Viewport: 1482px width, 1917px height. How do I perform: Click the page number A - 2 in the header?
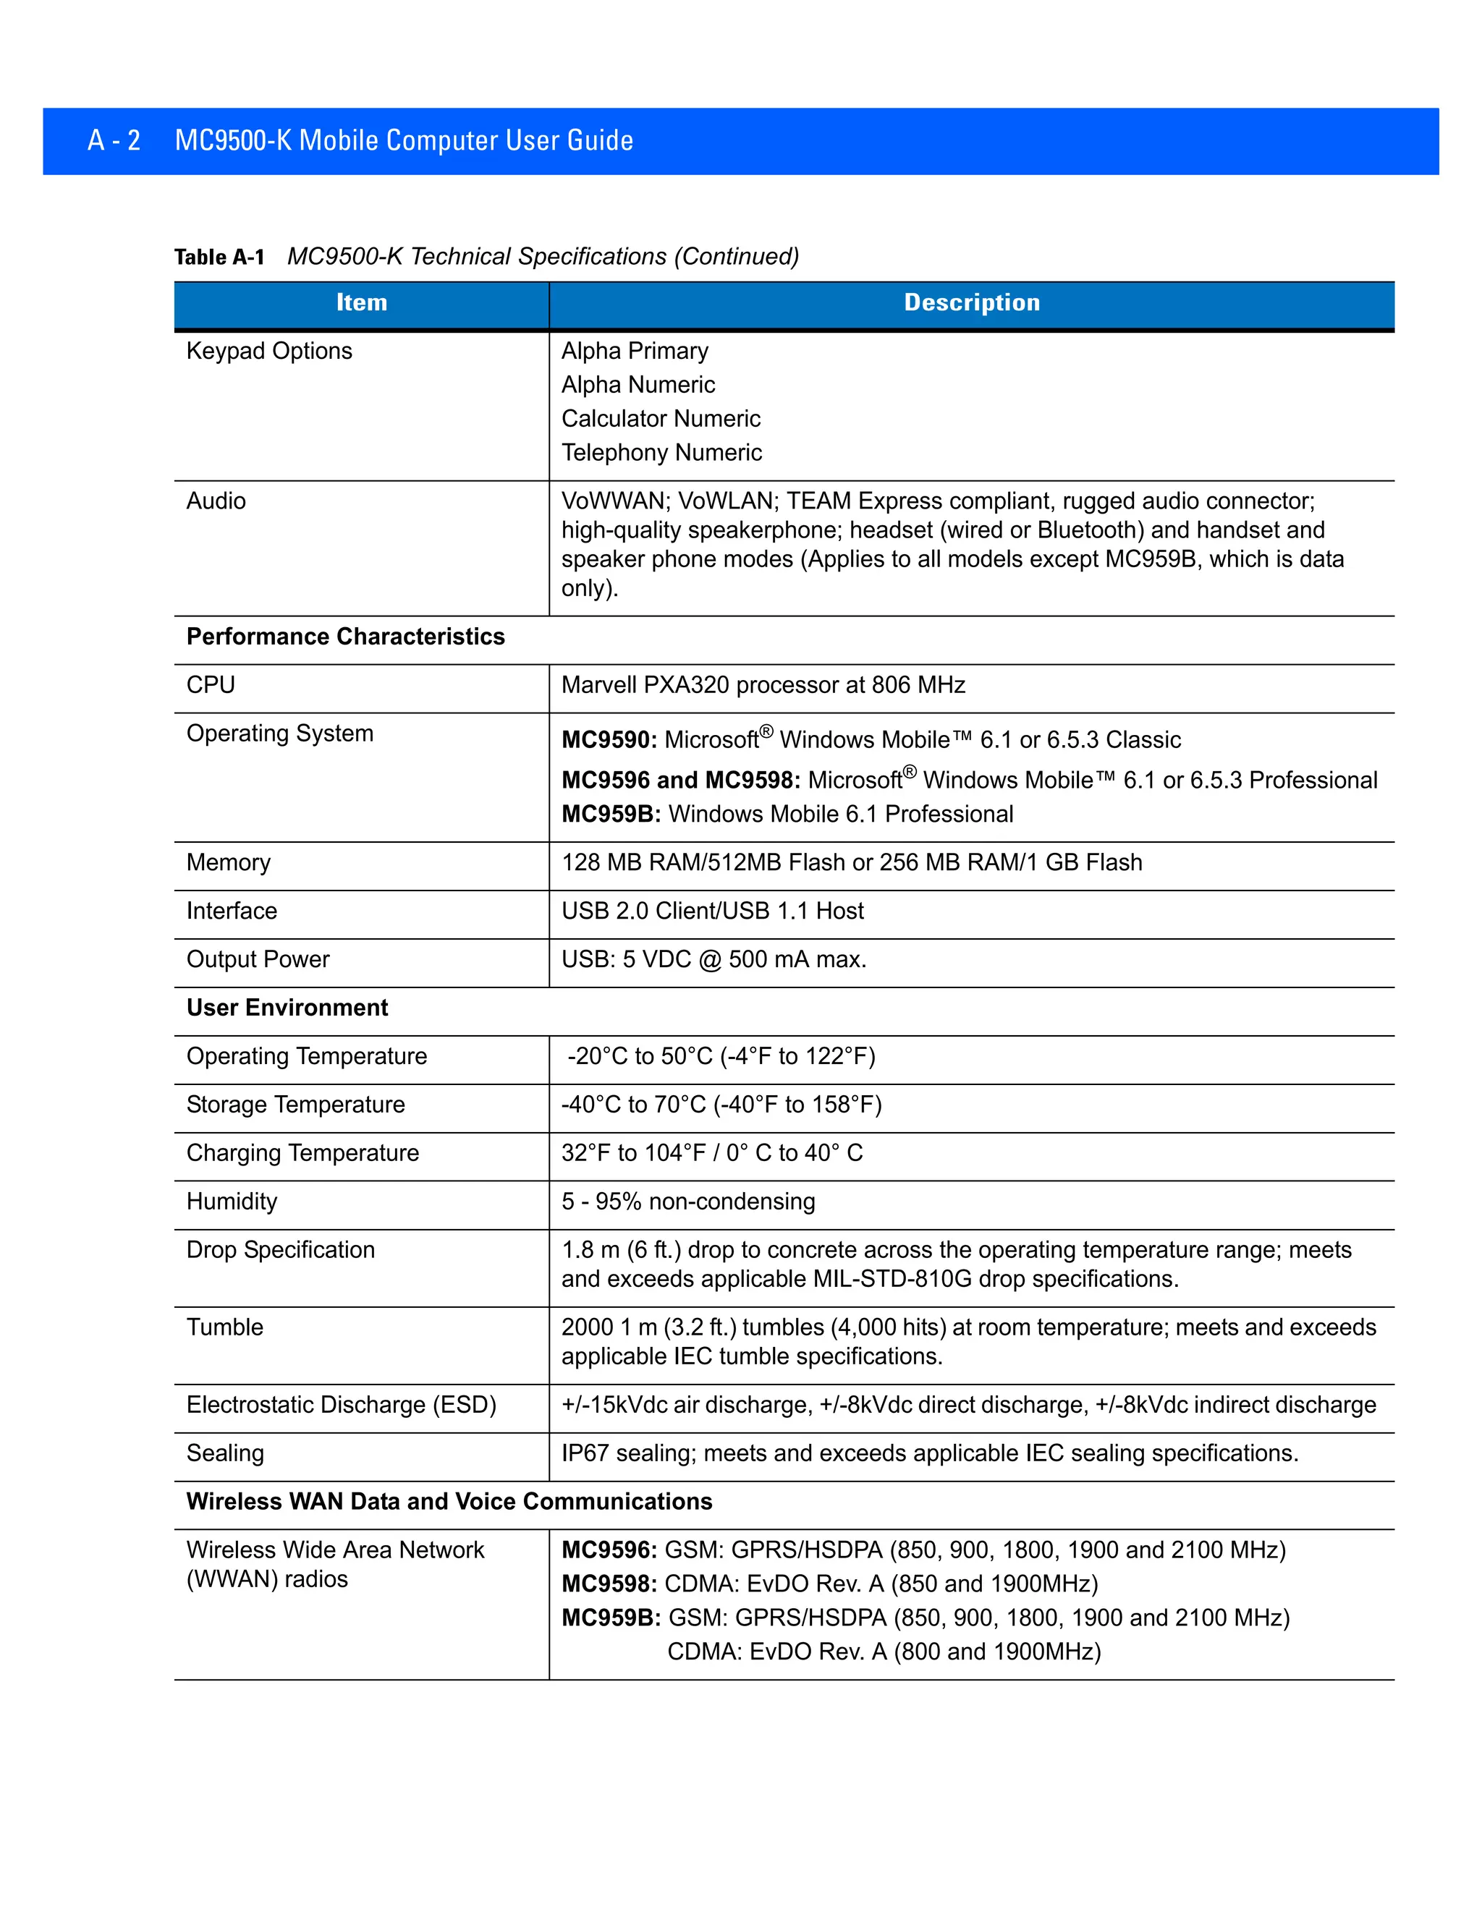(x=114, y=140)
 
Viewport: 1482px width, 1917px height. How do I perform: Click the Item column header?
(x=361, y=303)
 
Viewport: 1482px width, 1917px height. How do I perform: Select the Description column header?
(x=971, y=303)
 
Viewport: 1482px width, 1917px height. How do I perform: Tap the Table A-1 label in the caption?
(x=219, y=258)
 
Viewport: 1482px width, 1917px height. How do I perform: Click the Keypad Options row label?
(x=268, y=351)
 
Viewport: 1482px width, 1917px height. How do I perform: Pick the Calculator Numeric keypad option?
(x=660, y=419)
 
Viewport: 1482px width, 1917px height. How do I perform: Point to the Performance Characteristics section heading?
(x=345, y=637)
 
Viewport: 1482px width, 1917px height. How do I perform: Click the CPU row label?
(x=211, y=684)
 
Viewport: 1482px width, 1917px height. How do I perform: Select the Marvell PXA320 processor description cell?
(x=763, y=684)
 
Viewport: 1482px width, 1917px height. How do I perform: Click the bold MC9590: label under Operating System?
(x=609, y=740)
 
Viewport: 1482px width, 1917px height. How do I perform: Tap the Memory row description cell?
(x=852, y=863)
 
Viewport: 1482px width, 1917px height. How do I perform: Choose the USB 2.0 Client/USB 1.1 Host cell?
(x=712, y=911)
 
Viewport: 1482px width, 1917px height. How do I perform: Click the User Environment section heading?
(x=287, y=1008)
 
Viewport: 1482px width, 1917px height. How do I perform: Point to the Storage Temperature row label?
(x=295, y=1104)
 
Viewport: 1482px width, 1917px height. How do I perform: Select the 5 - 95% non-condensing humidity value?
(x=688, y=1201)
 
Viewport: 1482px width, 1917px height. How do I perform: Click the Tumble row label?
(x=225, y=1327)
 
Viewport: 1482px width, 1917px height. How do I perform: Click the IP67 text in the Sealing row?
(x=585, y=1453)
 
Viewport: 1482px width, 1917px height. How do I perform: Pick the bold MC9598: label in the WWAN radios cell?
(x=609, y=1584)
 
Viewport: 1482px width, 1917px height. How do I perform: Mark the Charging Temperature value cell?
(x=712, y=1152)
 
